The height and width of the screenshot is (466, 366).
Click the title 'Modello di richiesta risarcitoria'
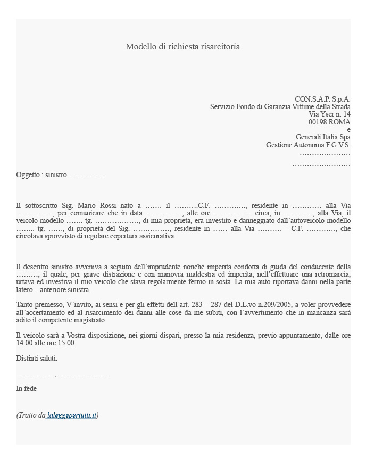[182, 47]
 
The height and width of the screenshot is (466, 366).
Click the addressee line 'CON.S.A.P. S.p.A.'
[322, 99]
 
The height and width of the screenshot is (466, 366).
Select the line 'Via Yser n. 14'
[329, 114]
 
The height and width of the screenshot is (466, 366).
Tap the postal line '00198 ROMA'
[332, 122]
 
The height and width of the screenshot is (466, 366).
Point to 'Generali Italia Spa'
[323, 137]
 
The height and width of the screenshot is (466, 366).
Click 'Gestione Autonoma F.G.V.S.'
[308, 145]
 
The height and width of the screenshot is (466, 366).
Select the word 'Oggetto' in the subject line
[28, 175]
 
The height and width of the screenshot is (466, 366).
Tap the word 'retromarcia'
[330, 274]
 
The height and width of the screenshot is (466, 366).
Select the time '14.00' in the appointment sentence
[24, 343]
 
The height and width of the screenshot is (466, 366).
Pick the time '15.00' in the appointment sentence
[67, 343]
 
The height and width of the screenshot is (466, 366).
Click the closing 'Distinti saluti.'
[37, 359]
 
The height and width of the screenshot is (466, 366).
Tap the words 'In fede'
[26, 389]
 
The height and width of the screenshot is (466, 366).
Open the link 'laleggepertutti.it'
[71, 415]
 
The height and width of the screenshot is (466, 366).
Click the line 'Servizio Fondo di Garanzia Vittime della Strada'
[280, 106]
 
